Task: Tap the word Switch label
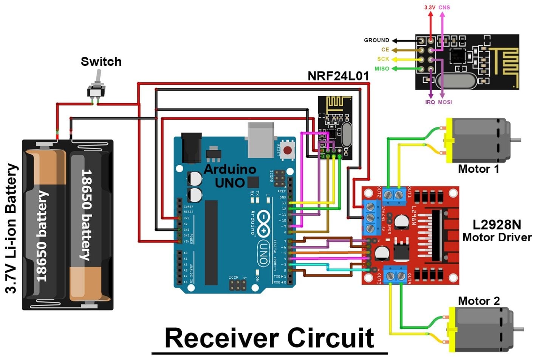click(101, 62)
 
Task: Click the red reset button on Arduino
click(287, 150)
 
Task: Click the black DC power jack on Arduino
click(191, 148)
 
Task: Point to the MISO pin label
click(382, 69)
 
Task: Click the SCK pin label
click(383, 59)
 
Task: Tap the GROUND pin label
click(376, 40)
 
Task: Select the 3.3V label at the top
click(430, 7)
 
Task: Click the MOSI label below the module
click(445, 102)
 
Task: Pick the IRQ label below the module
click(430, 102)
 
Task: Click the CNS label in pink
click(444, 7)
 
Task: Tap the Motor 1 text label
click(478, 169)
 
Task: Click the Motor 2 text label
click(478, 301)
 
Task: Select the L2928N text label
click(497, 225)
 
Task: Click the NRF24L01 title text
click(338, 76)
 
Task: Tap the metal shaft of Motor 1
click(515, 140)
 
